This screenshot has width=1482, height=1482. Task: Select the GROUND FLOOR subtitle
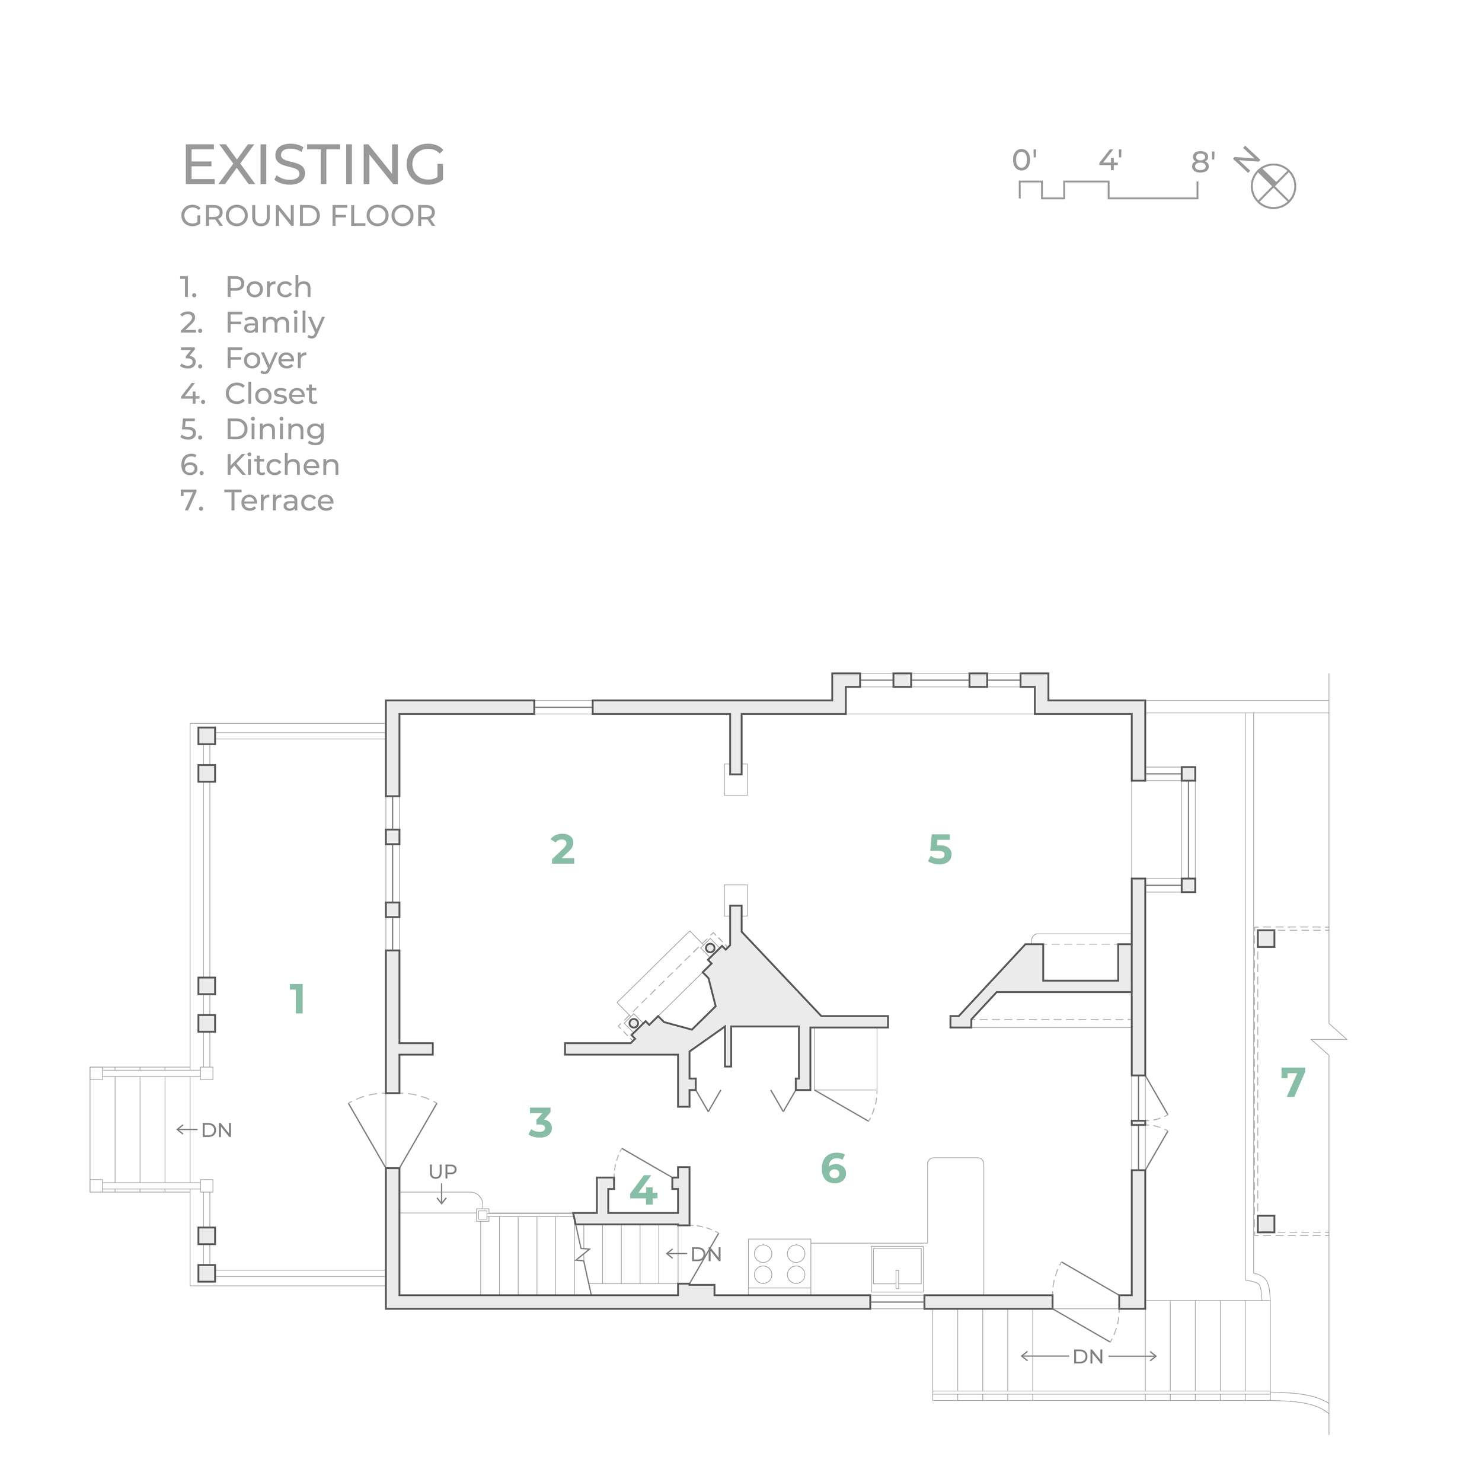tap(308, 216)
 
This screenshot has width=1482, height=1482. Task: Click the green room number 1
tap(298, 999)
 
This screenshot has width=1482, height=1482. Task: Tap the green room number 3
tap(540, 1122)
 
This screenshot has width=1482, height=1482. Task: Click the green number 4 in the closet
tap(643, 1190)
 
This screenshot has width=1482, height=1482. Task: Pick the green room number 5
tap(940, 849)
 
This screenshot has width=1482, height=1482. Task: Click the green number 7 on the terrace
tap(1292, 1082)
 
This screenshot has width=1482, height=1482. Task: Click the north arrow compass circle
tap(1273, 186)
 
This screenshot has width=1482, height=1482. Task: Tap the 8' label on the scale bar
tap(1203, 162)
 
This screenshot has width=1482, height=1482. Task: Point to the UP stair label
tap(443, 1171)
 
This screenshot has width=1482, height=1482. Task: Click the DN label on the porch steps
tap(216, 1130)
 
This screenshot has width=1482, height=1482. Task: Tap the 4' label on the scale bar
tap(1110, 160)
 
